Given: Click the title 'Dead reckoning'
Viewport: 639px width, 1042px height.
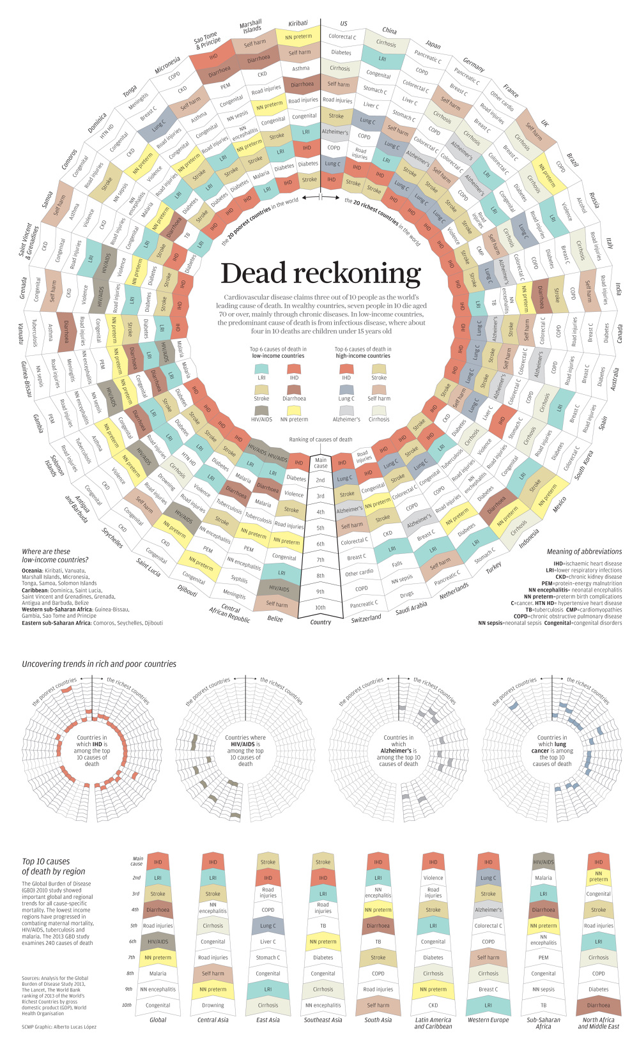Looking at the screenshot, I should coord(321,273).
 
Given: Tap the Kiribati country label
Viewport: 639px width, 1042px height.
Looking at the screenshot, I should coord(298,23).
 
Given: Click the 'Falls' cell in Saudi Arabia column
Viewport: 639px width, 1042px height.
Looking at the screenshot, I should coord(397,564).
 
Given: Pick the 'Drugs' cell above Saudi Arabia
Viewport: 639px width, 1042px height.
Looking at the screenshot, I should coord(406,594).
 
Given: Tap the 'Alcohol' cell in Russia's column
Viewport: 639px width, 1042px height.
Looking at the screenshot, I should coord(581,204).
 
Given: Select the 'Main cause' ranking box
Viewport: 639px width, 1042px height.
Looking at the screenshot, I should coord(320,463).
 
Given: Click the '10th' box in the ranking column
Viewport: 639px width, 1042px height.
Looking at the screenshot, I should coord(320,608).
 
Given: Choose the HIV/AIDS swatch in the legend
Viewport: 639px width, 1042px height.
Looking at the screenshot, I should coord(261,410).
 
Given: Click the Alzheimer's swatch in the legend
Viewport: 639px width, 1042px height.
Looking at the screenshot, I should coord(346,410).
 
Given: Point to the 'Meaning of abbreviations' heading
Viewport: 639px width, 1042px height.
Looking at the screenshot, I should coord(584,551).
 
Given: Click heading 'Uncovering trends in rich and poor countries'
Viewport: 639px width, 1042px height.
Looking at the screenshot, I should coord(99,664).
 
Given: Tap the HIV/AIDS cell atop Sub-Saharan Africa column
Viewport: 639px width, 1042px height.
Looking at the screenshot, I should coord(543,862).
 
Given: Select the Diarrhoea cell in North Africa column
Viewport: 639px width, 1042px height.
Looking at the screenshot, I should coord(598,1005).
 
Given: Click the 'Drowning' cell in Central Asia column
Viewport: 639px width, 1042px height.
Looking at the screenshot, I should coord(213,1005).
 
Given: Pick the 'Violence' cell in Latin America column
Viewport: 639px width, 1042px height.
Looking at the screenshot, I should coord(433,878).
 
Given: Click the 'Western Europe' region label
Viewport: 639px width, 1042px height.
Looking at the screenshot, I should coord(488,1020).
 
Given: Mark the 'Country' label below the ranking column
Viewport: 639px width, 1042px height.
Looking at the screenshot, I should coord(320,622).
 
